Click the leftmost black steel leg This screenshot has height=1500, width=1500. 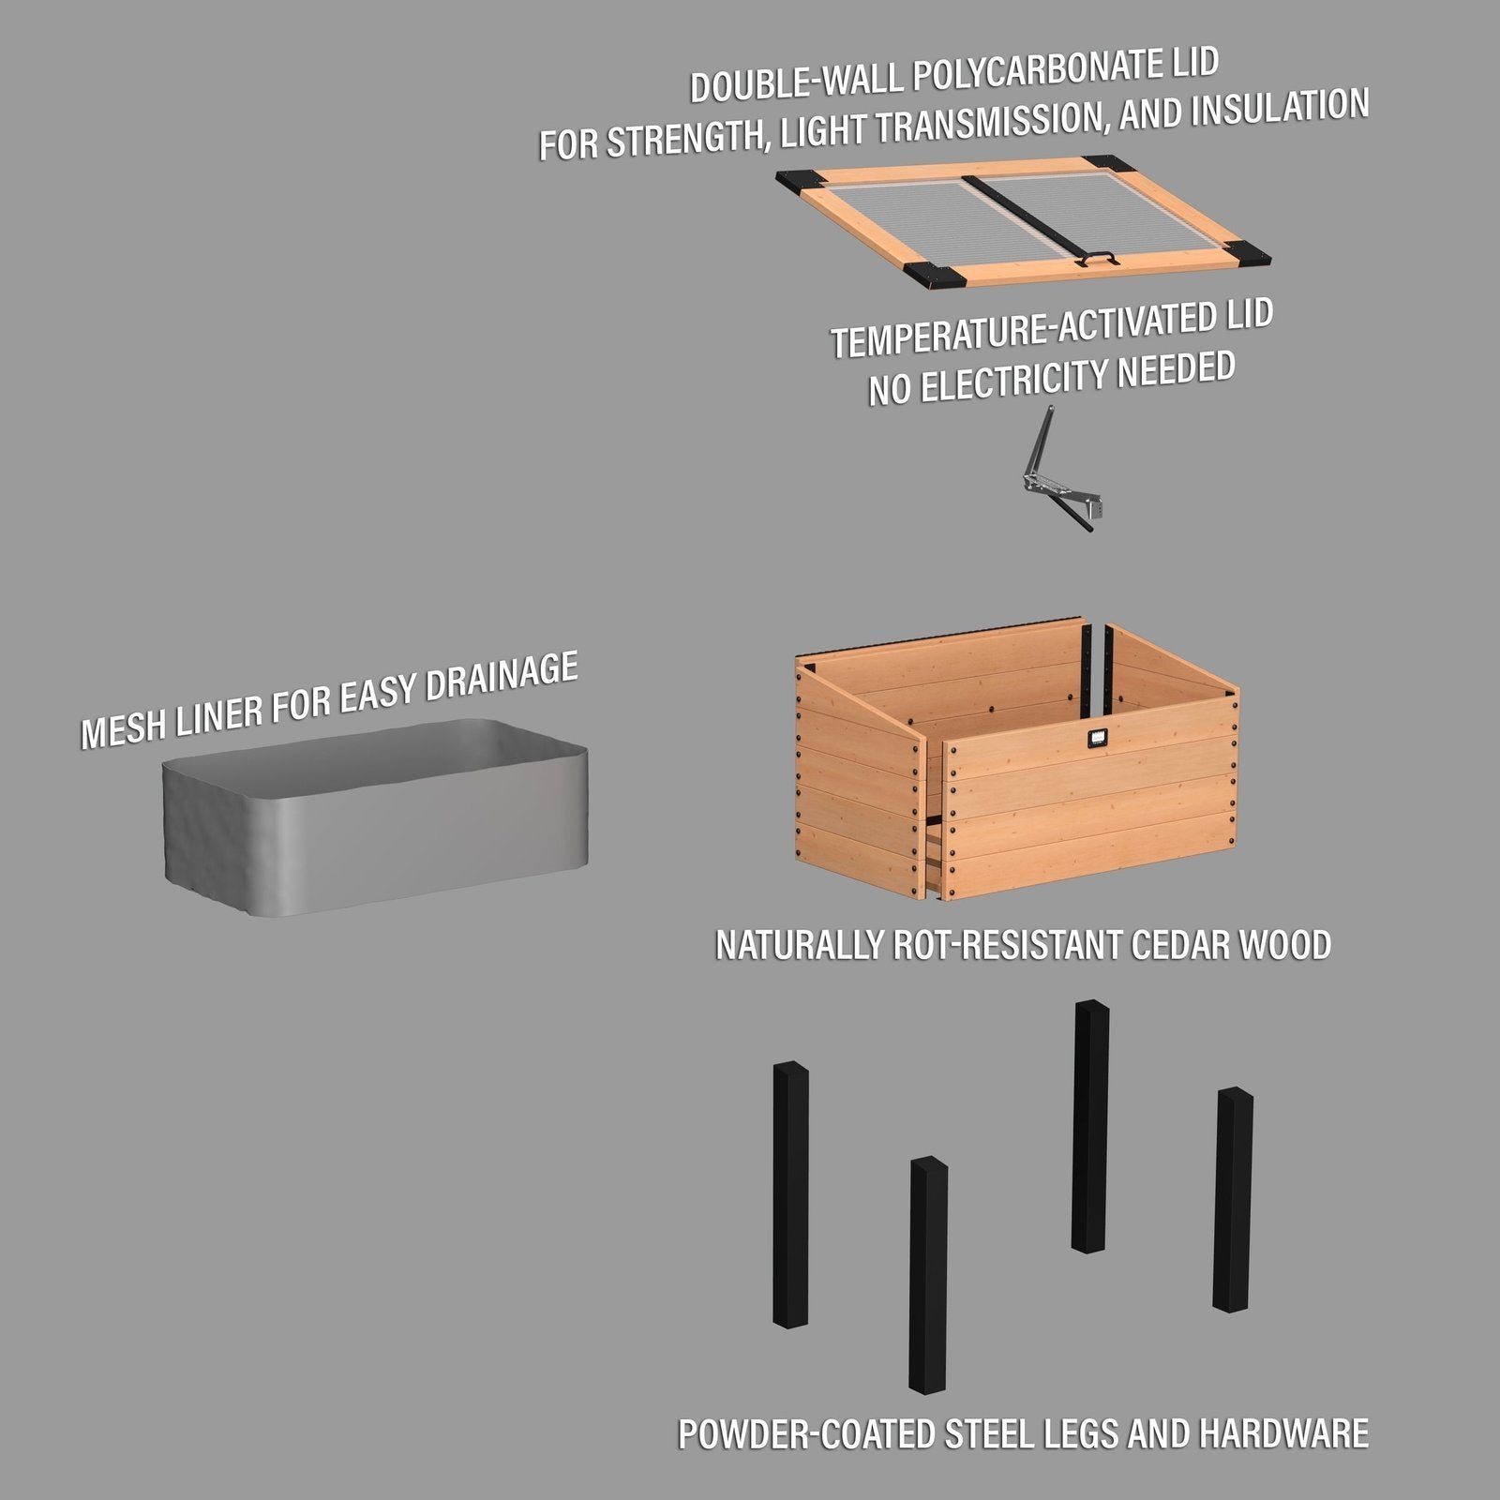point(790,1195)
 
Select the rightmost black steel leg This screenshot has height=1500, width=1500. point(1233,1200)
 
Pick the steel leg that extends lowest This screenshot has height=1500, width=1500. point(928,1275)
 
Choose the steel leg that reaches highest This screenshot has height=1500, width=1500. point(1090,1125)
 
